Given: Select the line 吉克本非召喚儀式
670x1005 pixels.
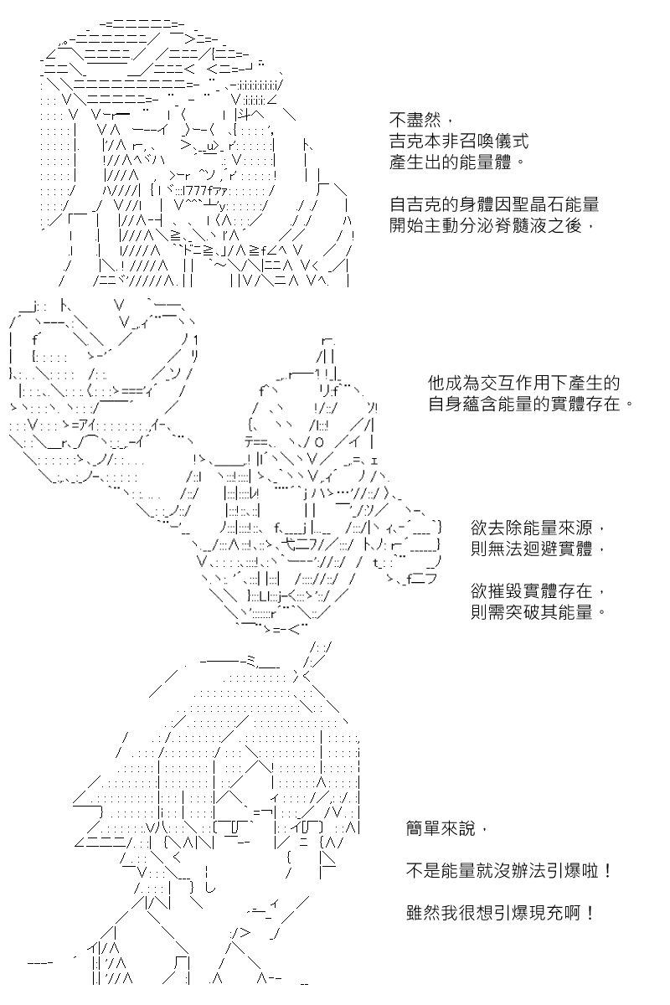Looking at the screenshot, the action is [x=459, y=141].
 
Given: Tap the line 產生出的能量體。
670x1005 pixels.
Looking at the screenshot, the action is [x=457, y=162].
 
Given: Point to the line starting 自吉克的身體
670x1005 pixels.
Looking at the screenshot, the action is [x=494, y=204].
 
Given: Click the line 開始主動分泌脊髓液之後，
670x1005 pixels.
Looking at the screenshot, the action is [x=492, y=225].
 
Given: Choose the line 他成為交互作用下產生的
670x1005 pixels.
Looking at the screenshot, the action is [x=523, y=383].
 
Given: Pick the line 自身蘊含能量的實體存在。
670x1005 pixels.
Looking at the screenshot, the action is [x=531, y=404].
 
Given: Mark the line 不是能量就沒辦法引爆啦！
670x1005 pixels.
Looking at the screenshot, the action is [x=509, y=871].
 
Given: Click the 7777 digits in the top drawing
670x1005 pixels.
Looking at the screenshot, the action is [x=195, y=190].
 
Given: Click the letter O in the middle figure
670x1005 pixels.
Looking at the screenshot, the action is [x=318, y=443].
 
